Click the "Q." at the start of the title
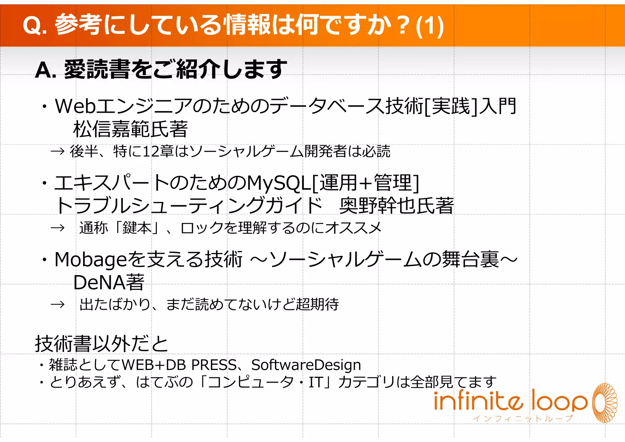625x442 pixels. point(34,26)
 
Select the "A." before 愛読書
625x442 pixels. point(45,70)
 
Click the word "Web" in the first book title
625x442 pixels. point(75,106)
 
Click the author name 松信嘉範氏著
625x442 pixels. point(130,129)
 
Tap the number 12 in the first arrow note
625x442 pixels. point(150,152)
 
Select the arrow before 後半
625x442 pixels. point(58,151)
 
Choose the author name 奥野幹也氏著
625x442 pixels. point(396,206)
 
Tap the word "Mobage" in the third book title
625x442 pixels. point(91,260)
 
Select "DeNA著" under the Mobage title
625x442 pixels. point(109,283)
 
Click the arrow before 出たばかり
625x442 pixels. point(58,305)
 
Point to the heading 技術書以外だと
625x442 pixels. point(102,344)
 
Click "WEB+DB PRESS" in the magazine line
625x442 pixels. point(179,365)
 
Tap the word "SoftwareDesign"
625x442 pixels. point(306,365)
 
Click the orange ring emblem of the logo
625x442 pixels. point(605,403)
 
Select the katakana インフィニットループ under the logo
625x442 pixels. point(522,418)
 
